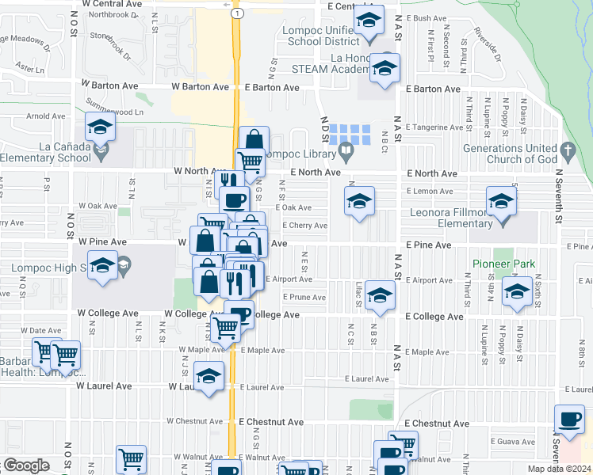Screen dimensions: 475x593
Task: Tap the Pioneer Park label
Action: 503,264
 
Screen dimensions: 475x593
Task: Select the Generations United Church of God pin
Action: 567,150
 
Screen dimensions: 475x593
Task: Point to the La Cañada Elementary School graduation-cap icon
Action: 100,127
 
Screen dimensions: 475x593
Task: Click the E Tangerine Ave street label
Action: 434,127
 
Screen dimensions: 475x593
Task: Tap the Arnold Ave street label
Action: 46,116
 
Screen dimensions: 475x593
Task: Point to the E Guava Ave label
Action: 511,441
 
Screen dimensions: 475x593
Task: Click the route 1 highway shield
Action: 235,14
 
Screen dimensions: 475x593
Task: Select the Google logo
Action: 25,466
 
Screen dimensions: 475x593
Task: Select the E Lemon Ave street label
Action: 430,192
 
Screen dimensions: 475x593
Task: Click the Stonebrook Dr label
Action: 111,46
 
